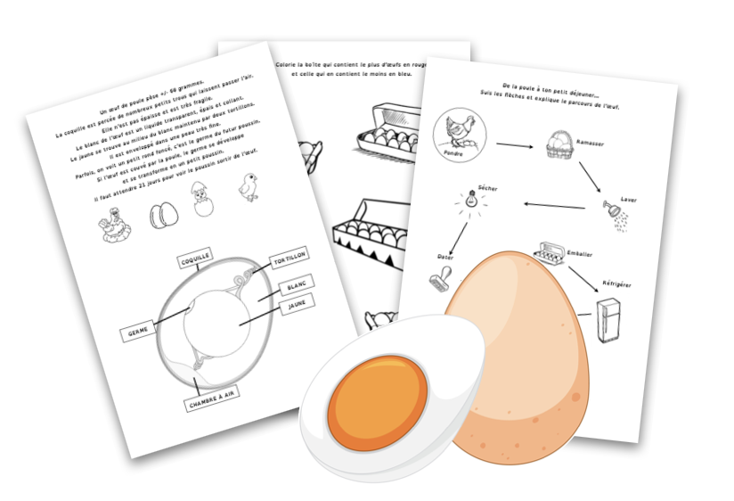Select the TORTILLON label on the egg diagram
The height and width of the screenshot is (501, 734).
[x=289, y=260]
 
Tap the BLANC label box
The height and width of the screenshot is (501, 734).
[x=296, y=287]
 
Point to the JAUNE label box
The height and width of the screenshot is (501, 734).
[x=298, y=307]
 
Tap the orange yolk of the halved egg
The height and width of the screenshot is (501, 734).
[x=379, y=400]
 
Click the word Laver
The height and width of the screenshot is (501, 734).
[x=629, y=200]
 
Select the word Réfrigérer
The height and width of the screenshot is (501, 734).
[x=616, y=283]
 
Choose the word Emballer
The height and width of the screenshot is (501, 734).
[x=580, y=253]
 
